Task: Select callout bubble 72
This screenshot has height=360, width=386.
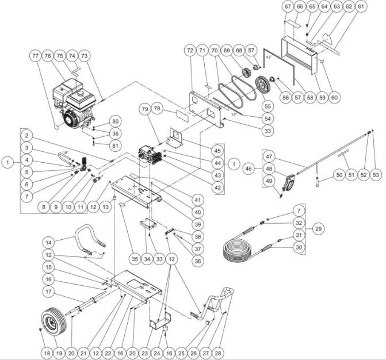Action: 189,51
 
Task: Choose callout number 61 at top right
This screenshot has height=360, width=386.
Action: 361,6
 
